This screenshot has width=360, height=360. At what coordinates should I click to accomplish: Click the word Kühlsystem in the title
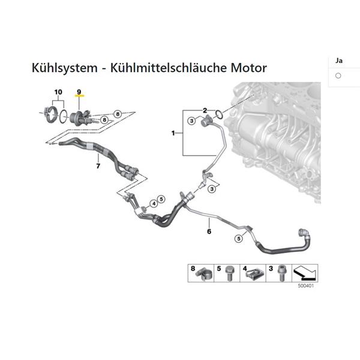[65, 68]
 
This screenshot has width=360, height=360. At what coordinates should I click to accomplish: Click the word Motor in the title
[248, 68]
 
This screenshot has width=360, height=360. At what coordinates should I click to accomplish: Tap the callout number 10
[58, 92]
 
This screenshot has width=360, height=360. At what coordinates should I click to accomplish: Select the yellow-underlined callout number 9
[79, 92]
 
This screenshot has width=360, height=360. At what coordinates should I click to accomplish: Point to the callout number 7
[98, 166]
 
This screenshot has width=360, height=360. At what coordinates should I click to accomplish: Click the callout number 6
[209, 231]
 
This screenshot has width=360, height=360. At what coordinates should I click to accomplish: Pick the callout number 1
[173, 133]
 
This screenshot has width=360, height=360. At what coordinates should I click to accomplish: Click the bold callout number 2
[205, 110]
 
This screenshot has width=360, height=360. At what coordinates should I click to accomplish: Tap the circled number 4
[154, 203]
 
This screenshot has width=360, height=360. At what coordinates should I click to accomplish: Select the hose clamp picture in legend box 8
[205, 274]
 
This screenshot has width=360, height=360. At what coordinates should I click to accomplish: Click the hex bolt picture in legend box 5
[229, 273]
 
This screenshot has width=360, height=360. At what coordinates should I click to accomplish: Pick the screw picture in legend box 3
[281, 273]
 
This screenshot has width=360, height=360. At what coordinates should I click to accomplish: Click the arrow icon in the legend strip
[305, 273]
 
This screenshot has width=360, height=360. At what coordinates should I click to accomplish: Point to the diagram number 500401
[305, 286]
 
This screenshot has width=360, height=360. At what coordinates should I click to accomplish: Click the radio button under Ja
[338, 76]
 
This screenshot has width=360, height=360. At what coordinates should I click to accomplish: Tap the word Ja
[339, 61]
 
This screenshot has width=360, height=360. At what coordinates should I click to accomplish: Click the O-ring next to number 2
[219, 114]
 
